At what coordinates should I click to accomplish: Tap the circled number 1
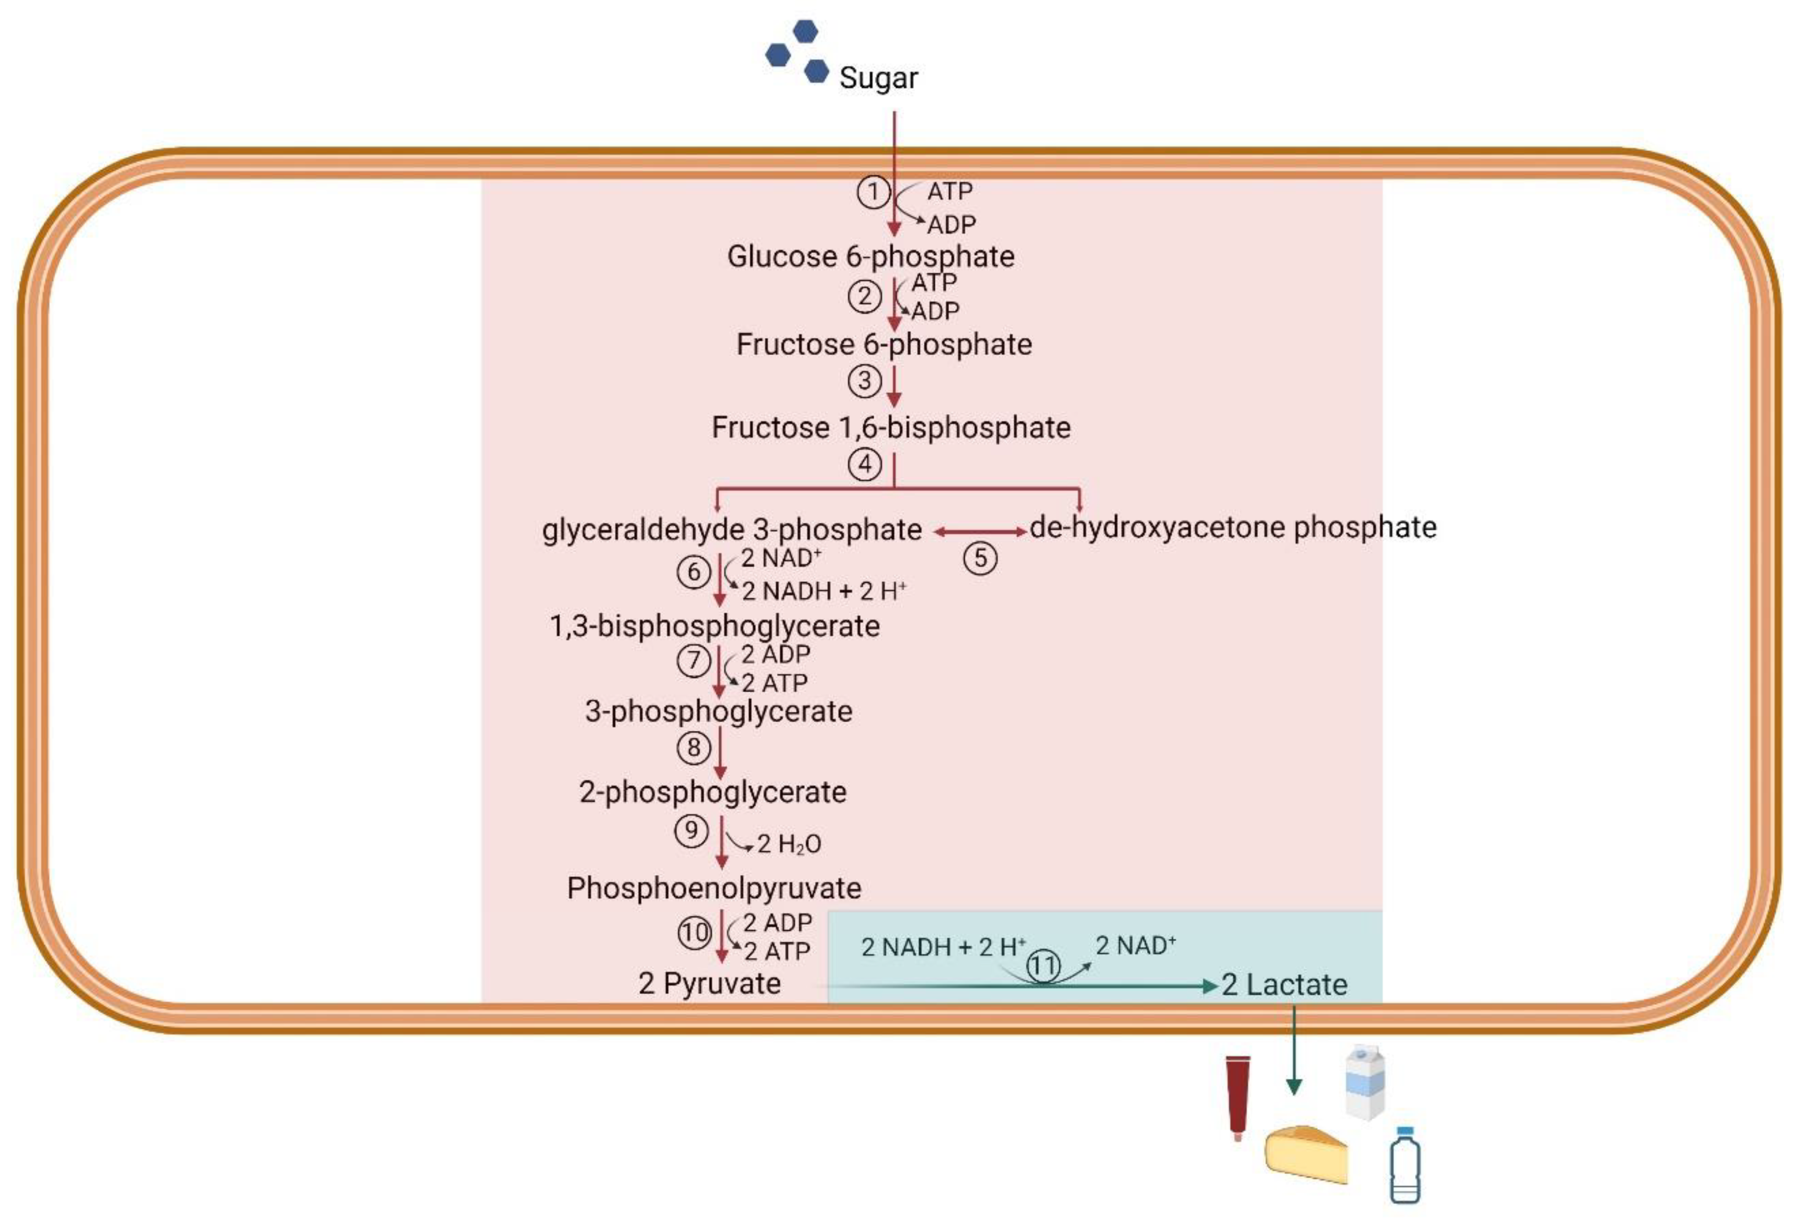[x=873, y=192]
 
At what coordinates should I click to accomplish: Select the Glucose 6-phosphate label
[x=870, y=256]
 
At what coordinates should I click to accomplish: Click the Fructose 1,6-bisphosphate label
[x=891, y=427]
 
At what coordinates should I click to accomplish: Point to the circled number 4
[x=864, y=465]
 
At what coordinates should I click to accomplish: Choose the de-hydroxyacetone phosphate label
[x=1233, y=528]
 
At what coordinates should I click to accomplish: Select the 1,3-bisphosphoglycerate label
[x=714, y=626]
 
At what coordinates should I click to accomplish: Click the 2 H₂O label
[x=789, y=844]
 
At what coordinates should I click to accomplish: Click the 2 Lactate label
[x=1284, y=985]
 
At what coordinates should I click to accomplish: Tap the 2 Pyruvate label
[x=709, y=984]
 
